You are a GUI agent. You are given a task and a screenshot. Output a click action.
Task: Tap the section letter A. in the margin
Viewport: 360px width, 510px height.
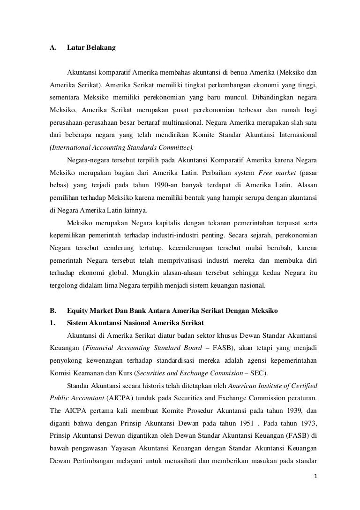(x=52, y=48)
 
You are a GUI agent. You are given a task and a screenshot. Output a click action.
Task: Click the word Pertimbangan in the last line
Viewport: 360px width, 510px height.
(x=95, y=459)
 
